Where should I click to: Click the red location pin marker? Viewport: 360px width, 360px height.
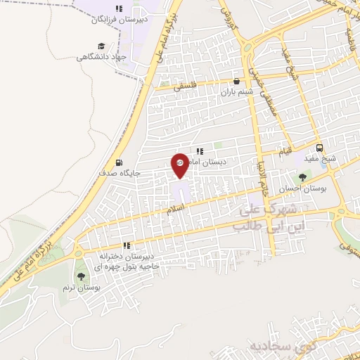(x=180, y=165)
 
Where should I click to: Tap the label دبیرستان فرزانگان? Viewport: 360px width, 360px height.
(x=119, y=20)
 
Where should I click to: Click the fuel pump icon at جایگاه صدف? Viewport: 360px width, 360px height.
(x=117, y=160)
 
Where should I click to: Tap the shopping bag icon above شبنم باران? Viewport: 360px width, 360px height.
(x=243, y=82)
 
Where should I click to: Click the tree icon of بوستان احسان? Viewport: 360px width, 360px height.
(x=302, y=177)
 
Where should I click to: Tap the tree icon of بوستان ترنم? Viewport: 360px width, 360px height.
(x=80, y=276)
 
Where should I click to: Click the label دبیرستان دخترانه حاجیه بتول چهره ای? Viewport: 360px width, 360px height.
(x=129, y=262)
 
